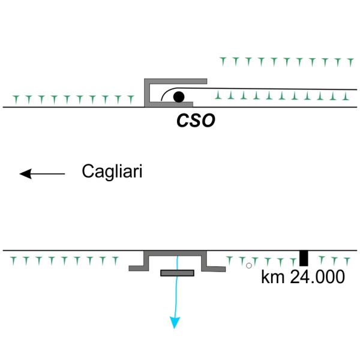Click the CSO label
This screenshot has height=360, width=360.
pyautogui.click(x=196, y=121)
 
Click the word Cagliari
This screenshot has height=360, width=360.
pyautogui.click(x=112, y=172)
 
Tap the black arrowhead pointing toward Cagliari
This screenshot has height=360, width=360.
pyautogui.click(x=26, y=174)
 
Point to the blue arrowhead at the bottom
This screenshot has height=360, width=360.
pyautogui.click(x=175, y=323)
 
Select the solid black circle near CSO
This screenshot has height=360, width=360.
pyautogui.click(x=179, y=97)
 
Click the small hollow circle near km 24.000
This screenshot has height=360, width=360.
pyautogui.click(x=249, y=266)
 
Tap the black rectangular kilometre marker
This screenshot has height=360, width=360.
pyautogui.click(x=304, y=258)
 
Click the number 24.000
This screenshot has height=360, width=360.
pyautogui.click(x=317, y=277)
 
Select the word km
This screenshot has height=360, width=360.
pyautogui.click(x=273, y=277)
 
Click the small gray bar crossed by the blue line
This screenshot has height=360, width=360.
pyautogui.click(x=178, y=273)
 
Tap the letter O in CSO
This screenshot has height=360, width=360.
pyautogui.click(x=208, y=121)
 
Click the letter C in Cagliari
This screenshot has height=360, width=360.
pyautogui.click(x=88, y=171)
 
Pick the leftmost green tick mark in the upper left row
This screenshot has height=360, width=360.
pyautogui.click(x=16, y=100)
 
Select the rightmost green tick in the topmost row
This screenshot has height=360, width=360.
pyautogui.click(x=350, y=62)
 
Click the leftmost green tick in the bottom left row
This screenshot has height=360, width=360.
pyautogui.click(x=14, y=261)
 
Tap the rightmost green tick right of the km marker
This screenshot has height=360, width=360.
pyautogui.click(x=347, y=261)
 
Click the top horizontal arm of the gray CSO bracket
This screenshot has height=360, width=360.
pyautogui.click(x=176, y=81)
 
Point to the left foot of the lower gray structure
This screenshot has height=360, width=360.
pyautogui.click(x=139, y=268)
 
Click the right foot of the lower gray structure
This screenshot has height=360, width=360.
pyautogui.click(x=214, y=269)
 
